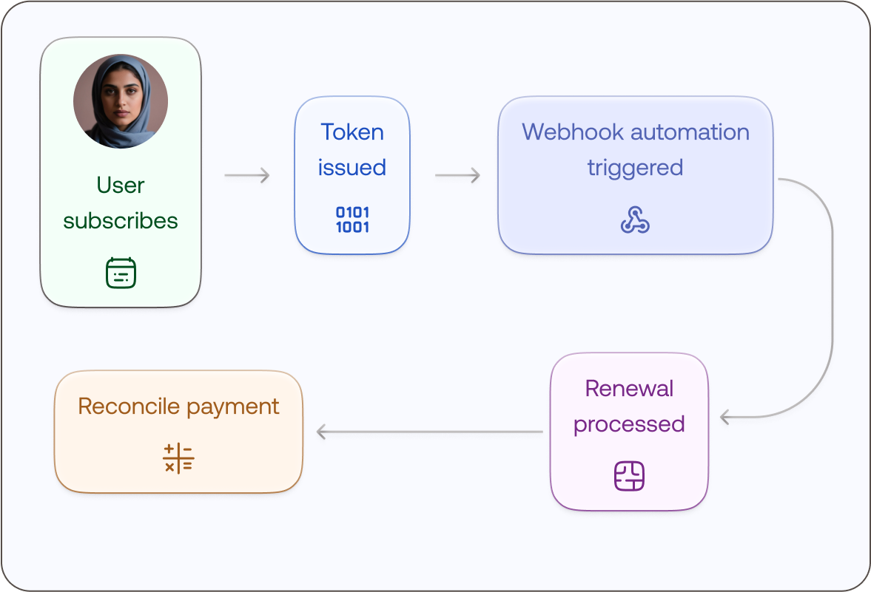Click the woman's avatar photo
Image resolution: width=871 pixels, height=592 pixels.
(121, 101)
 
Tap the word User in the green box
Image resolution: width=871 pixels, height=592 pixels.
(121, 185)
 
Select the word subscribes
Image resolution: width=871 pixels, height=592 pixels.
(121, 220)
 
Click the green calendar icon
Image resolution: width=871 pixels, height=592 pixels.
(121, 273)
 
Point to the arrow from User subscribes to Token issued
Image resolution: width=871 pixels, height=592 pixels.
(247, 175)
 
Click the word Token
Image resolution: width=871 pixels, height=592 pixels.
(352, 132)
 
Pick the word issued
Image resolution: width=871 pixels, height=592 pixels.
(352, 168)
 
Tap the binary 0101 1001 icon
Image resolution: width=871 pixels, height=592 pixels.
(352, 220)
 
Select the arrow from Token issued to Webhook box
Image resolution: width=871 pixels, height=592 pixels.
(457, 175)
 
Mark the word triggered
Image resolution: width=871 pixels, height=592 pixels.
(635, 168)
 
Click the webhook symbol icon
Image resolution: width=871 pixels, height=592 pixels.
(635, 220)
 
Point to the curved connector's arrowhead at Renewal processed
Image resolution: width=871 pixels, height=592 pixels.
(725, 418)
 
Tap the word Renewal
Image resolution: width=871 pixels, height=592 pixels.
(629, 389)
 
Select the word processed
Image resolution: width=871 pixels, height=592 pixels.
(629, 424)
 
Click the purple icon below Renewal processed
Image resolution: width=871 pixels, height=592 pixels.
(629, 476)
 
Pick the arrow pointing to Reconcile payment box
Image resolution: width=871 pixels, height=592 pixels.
(429, 432)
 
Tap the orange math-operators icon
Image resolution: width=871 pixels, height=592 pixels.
(178, 458)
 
